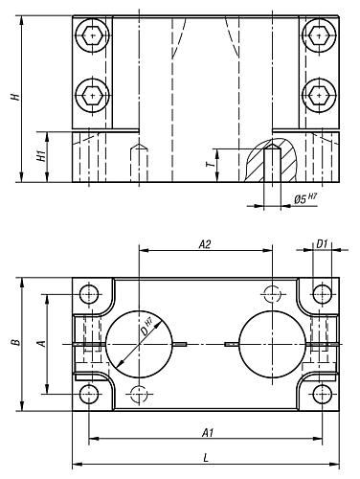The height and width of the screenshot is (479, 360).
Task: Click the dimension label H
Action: tap(15, 97)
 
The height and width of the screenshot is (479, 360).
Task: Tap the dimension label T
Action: tap(210, 164)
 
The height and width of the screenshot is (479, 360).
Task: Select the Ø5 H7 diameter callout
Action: tap(305, 199)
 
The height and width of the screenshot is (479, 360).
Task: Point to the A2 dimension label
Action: tap(205, 244)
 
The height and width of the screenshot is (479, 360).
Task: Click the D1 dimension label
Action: tap(322, 244)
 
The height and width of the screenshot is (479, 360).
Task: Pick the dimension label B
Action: tap(15, 343)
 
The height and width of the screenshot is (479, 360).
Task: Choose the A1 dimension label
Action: tap(208, 433)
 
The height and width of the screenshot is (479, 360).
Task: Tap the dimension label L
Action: tap(206, 458)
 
